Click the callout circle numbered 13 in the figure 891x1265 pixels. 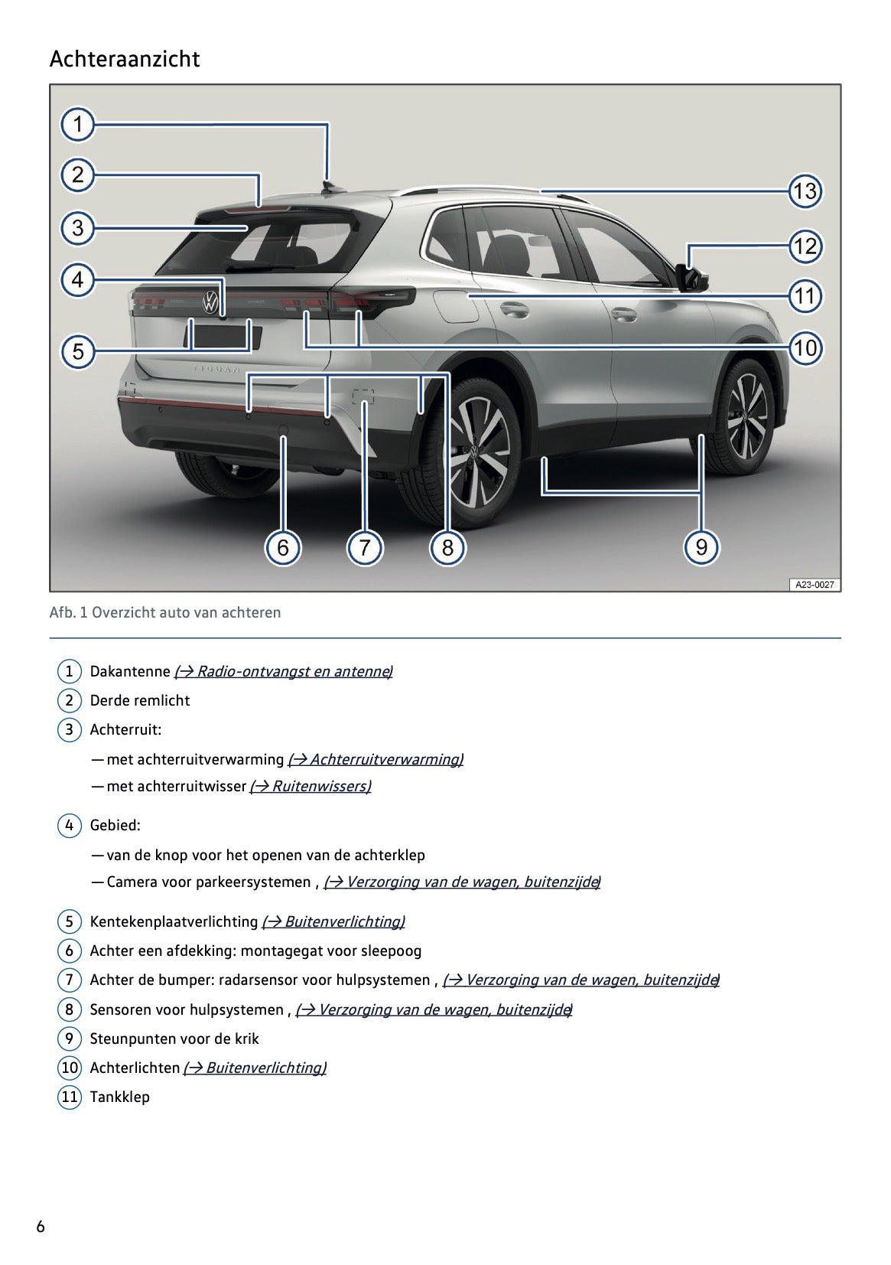tap(805, 191)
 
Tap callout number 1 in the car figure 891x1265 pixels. tap(77, 124)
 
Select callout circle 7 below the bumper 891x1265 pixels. tap(365, 547)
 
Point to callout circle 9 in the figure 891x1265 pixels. tap(701, 547)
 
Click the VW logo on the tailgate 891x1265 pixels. tap(210, 302)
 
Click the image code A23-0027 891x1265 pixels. tap(814, 585)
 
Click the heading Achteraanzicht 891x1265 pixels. tap(125, 59)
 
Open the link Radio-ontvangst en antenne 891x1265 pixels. tap(283, 671)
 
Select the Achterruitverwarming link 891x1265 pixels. tap(376, 759)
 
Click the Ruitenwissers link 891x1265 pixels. tap(311, 786)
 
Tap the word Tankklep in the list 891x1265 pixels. tap(120, 1097)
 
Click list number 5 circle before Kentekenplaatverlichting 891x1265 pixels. tap(69, 921)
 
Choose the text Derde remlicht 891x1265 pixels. tap(140, 700)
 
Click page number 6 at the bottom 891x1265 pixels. tap(41, 1227)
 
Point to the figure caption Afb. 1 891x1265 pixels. tap(164, 612)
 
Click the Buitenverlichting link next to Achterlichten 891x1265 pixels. tap(255, 1068)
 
